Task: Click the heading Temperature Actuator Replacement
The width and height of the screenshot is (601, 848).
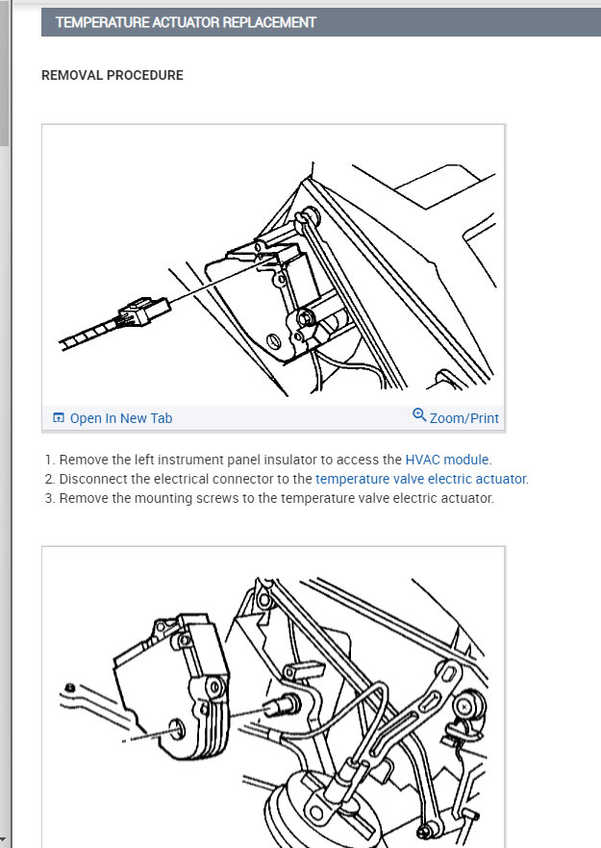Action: [186, 22]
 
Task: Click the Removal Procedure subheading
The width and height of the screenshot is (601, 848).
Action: [112, 75]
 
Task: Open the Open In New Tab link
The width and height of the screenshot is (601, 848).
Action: [121, 418]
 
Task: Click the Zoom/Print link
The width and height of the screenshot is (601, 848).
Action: [463, 418]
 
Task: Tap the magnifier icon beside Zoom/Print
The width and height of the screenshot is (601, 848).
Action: [419, 415]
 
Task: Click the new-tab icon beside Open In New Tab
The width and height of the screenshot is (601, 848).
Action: [59, 418]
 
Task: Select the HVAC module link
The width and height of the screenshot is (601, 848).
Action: [448, 460]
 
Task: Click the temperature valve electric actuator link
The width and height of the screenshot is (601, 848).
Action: [421, 479]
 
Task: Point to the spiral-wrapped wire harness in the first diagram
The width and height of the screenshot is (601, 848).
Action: [85, 335]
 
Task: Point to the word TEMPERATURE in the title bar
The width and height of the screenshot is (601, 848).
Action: [103, 22]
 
